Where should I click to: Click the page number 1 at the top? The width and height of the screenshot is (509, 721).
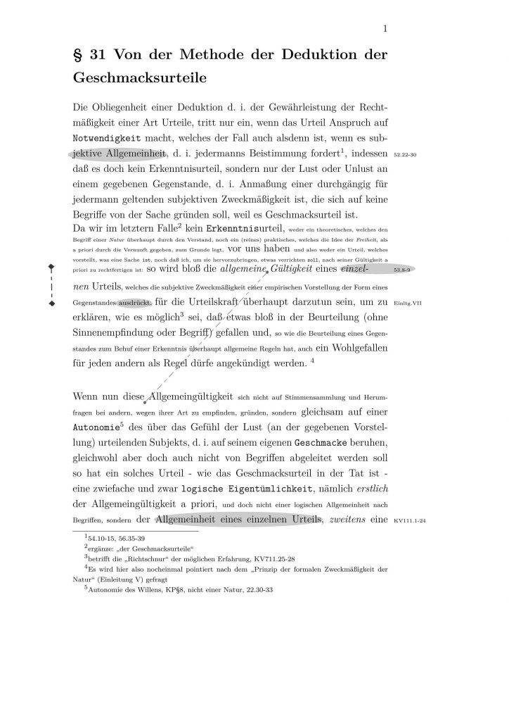pos(386,28)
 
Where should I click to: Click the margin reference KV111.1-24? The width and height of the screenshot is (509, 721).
pos(411,522)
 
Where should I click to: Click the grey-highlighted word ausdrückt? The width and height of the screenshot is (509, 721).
pos(134,303)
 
